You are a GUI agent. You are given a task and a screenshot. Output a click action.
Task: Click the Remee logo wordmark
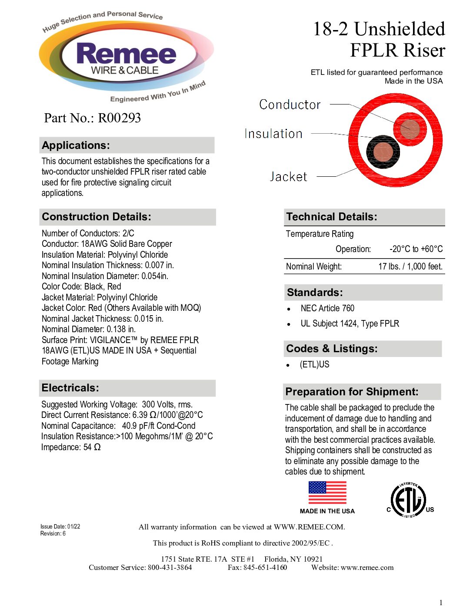pos(126,54)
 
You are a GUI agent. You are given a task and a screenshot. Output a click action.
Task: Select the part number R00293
pos(119,118)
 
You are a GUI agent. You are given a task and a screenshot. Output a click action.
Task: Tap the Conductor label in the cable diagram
pos(290,104)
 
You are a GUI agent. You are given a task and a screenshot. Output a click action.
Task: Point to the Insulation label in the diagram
pos(273,134)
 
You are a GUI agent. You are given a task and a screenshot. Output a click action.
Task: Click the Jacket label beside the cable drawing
pos(288,176)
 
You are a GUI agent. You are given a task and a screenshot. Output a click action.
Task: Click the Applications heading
pos(76,145)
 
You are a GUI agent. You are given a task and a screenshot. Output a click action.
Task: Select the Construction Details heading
pos(97,217)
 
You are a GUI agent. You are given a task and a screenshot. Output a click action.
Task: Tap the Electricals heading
pos(70,388)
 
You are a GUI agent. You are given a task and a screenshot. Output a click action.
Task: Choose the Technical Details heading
pos(332,217)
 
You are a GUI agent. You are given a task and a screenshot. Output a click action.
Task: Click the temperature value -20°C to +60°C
pos(416,249)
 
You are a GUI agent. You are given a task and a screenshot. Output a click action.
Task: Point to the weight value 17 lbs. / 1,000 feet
pos(410,266)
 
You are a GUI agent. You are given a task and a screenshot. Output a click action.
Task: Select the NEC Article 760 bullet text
pos(327,308)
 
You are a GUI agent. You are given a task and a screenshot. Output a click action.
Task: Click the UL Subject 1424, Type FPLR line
pos(350,323)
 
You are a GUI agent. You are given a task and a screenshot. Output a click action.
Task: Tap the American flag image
pos(327,493)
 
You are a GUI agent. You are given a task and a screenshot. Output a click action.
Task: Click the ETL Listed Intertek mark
pos(408,500)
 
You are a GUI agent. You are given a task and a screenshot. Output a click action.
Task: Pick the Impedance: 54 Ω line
pos(71,447)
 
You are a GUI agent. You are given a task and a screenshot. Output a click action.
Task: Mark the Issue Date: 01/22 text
pos(60,526)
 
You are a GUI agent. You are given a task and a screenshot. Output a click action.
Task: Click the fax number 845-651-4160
pos(265,567)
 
